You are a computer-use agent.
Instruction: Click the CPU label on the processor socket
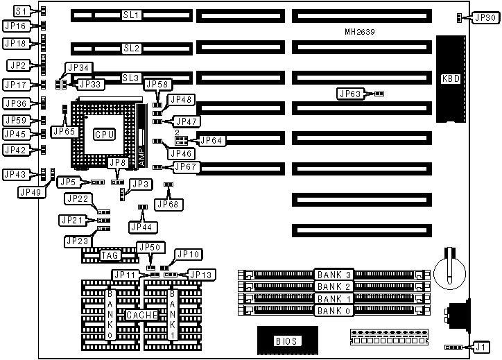[x=105, y=133]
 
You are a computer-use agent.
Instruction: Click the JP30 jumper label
[x=483, y=18]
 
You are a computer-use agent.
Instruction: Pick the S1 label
[x=22, y=12]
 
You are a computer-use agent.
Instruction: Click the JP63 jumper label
[x=352, y=93]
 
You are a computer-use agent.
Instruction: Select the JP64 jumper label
[x=210, y=140]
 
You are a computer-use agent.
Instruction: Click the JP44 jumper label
[x=141, y=226]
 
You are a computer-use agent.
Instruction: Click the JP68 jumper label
[x=168, y=204]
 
